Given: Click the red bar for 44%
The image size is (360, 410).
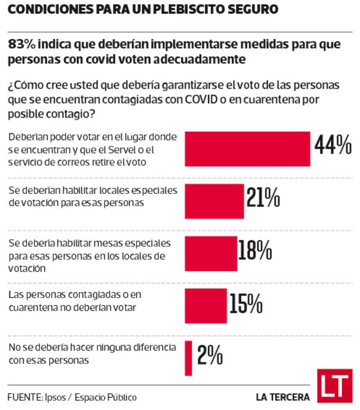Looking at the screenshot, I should (x=247, y=149).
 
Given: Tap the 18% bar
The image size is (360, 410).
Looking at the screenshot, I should (x=211, y=253).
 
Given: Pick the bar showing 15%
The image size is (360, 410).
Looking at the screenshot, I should (x=206, y=305).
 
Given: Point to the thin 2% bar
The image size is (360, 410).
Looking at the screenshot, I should (x=189, y=358).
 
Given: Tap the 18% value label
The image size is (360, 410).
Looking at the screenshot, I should (x=255, y=250).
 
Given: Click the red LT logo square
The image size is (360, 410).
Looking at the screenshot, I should (x=334, y=385).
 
